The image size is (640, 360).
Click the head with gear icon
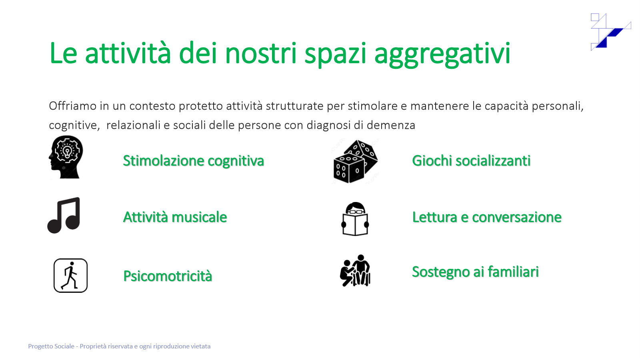(x=66, y=157)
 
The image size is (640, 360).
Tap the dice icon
(x=356, y=162)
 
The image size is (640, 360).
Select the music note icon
(x=64, y=215)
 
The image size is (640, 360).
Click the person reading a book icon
(x=355, y=219)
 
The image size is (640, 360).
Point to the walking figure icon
(x=70, y=276)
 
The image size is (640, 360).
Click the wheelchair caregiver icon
(x=355, y=270)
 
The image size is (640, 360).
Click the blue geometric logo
(x=610, y=32)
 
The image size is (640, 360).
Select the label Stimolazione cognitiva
(x=194, y=160)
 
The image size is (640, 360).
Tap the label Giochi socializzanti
(x=471, y=160)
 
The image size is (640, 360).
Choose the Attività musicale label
(x=175, y=217)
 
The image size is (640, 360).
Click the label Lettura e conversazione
(x=487, y=217)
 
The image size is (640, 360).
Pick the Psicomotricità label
(x=168, y=276)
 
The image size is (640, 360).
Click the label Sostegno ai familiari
(x=476, y=272)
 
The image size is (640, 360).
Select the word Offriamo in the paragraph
(x=72, y=106)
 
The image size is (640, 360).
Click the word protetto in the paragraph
(x=201, y=106)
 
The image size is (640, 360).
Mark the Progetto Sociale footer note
(x=119, y=346)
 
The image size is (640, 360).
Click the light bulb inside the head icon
(x=68, y=151)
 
